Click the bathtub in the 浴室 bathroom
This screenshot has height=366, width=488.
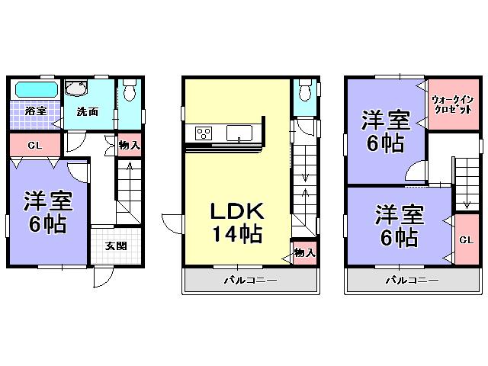(34, 89)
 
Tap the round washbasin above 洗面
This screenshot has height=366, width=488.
(75, 89)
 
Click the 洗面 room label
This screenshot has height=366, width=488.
(87, 111)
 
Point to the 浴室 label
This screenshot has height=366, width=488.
(35, 111)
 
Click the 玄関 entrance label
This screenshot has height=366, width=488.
(116, 246)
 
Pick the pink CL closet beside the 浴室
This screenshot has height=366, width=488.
(35, 145)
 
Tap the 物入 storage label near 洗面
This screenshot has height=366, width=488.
(130, 145)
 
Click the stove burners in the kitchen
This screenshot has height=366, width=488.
(204, 133)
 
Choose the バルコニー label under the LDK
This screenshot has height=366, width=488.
(249, 281)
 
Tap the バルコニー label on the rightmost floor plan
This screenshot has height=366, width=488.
(412, 281)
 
